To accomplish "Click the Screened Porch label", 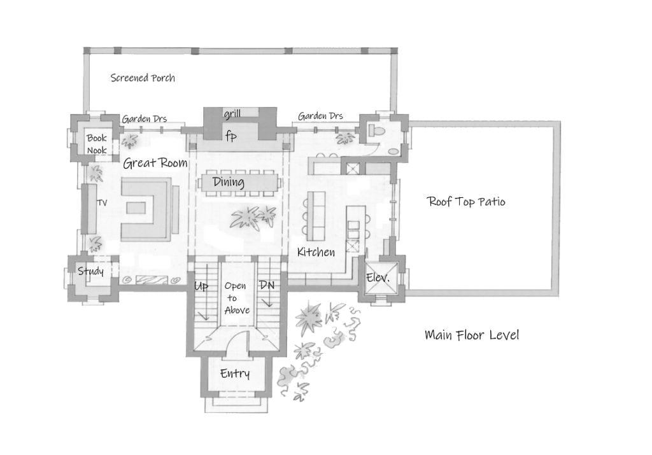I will coord(143,78).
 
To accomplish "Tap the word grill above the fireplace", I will coord(231,115).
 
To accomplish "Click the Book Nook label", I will coord(97,144).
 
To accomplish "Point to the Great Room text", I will coord(155,164).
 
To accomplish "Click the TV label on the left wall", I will coord(101,203).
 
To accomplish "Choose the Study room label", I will coord(90,272).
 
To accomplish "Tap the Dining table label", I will coord(229,183).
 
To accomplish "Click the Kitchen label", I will coord(316,252).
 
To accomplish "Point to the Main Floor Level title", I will coord(471,335).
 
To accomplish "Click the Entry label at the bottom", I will coord(234,374).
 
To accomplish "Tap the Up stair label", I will coord(201,286).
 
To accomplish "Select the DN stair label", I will coord(267,286).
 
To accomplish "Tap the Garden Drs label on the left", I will coord(145,118).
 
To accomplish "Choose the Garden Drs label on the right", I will coord(320,116).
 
